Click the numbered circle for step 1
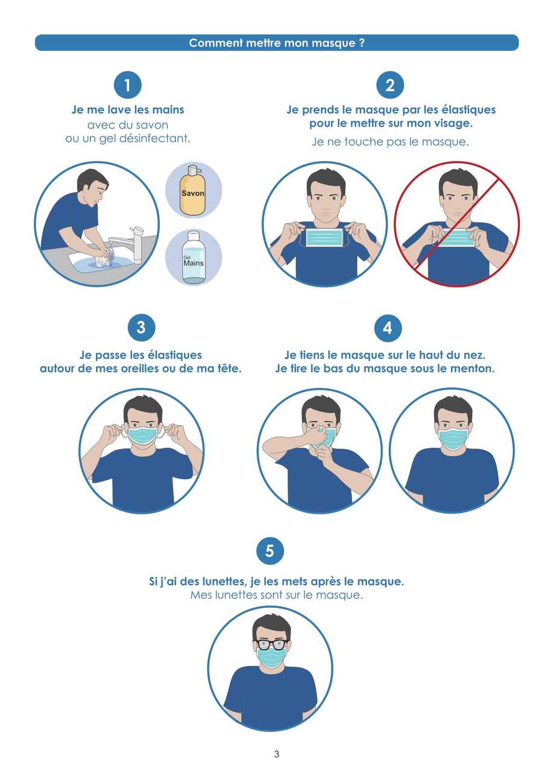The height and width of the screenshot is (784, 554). click(127, 85)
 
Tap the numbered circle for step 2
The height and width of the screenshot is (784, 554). click(390, 85)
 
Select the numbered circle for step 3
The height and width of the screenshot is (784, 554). click(141, 327)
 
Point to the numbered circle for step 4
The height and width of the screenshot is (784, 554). click(388, 328)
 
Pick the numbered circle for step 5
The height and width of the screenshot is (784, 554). click(269, 551)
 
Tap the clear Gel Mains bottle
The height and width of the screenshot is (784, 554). click(194, 258)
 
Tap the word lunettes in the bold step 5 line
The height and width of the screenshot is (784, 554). click(224, 582)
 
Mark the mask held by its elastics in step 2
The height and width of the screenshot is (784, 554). click(324, 238)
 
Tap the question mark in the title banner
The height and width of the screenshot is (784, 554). click(362, 43)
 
